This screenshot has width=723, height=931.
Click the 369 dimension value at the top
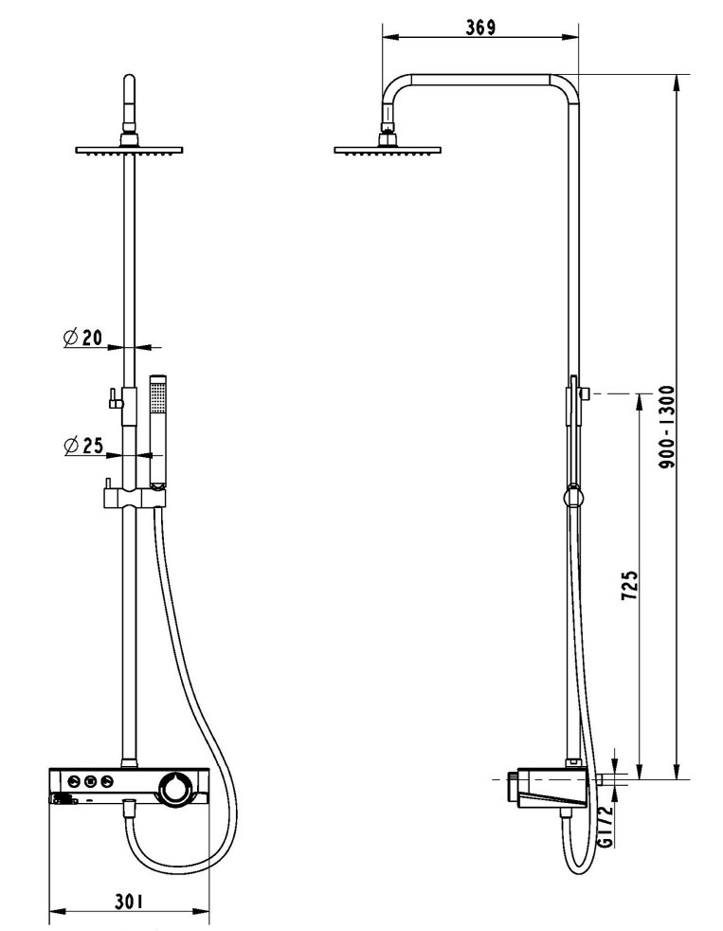pos(480,27)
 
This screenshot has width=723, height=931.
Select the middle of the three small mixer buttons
pos(90,781)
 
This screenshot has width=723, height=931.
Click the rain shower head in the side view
pos(387,149)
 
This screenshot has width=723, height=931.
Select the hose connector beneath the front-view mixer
pos(131,809)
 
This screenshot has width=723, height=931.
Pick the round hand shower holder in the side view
pos(572,494)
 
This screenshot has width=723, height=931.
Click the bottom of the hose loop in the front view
pos(180,867)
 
